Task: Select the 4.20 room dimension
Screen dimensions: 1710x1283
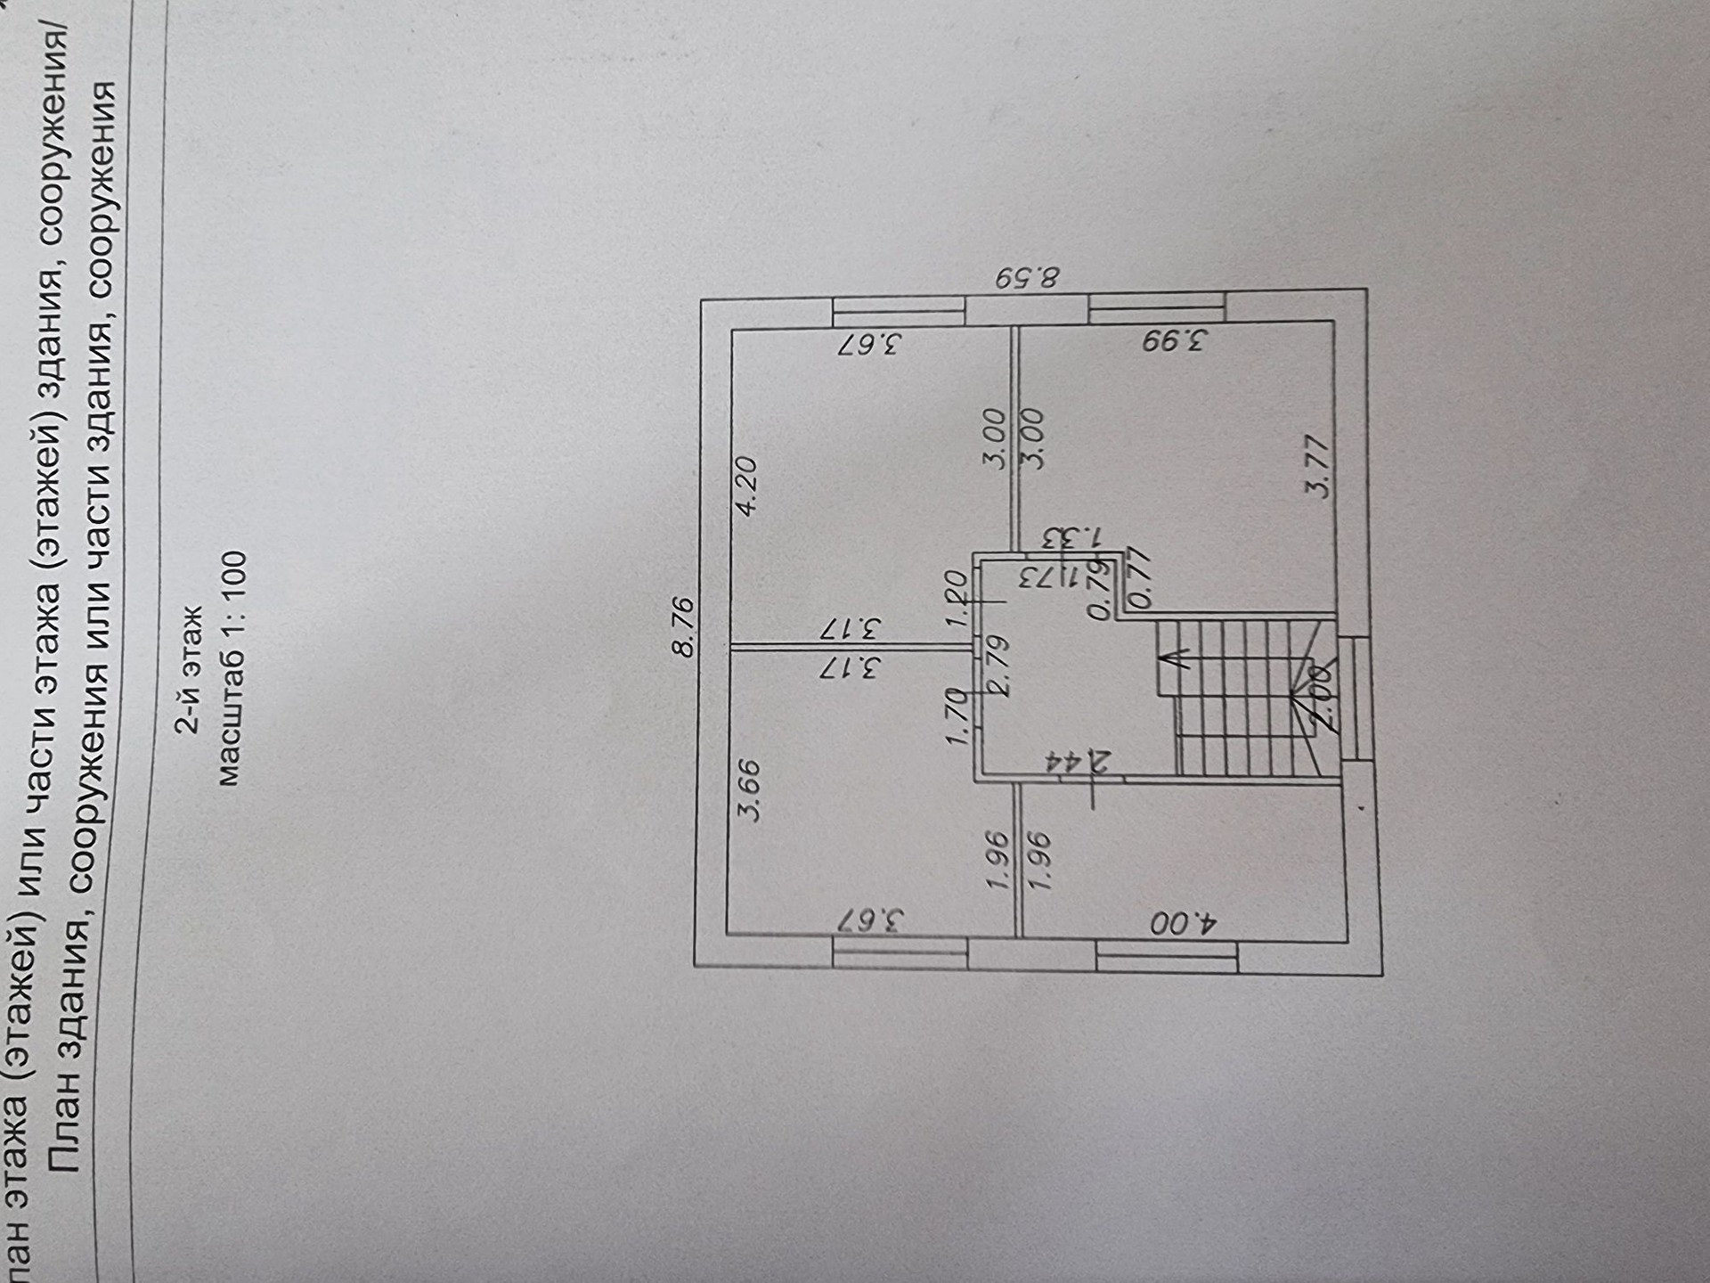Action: pyautogui.click(x=745, y=486)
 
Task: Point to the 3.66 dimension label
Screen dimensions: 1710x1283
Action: pyautogui.click(x=750, y=789)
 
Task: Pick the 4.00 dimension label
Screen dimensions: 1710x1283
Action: pyautogui.click(x=1182, y=923)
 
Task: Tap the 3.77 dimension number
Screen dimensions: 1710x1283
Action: pyautogui.click(x=1317, y=466)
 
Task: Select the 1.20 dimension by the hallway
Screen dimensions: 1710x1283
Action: pyautogui.click(x=956, y=601)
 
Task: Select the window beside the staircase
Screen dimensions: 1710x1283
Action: pyautogui.click(x=1357, y=698)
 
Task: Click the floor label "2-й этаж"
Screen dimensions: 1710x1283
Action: pyautogui.click(x=189, y=670)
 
